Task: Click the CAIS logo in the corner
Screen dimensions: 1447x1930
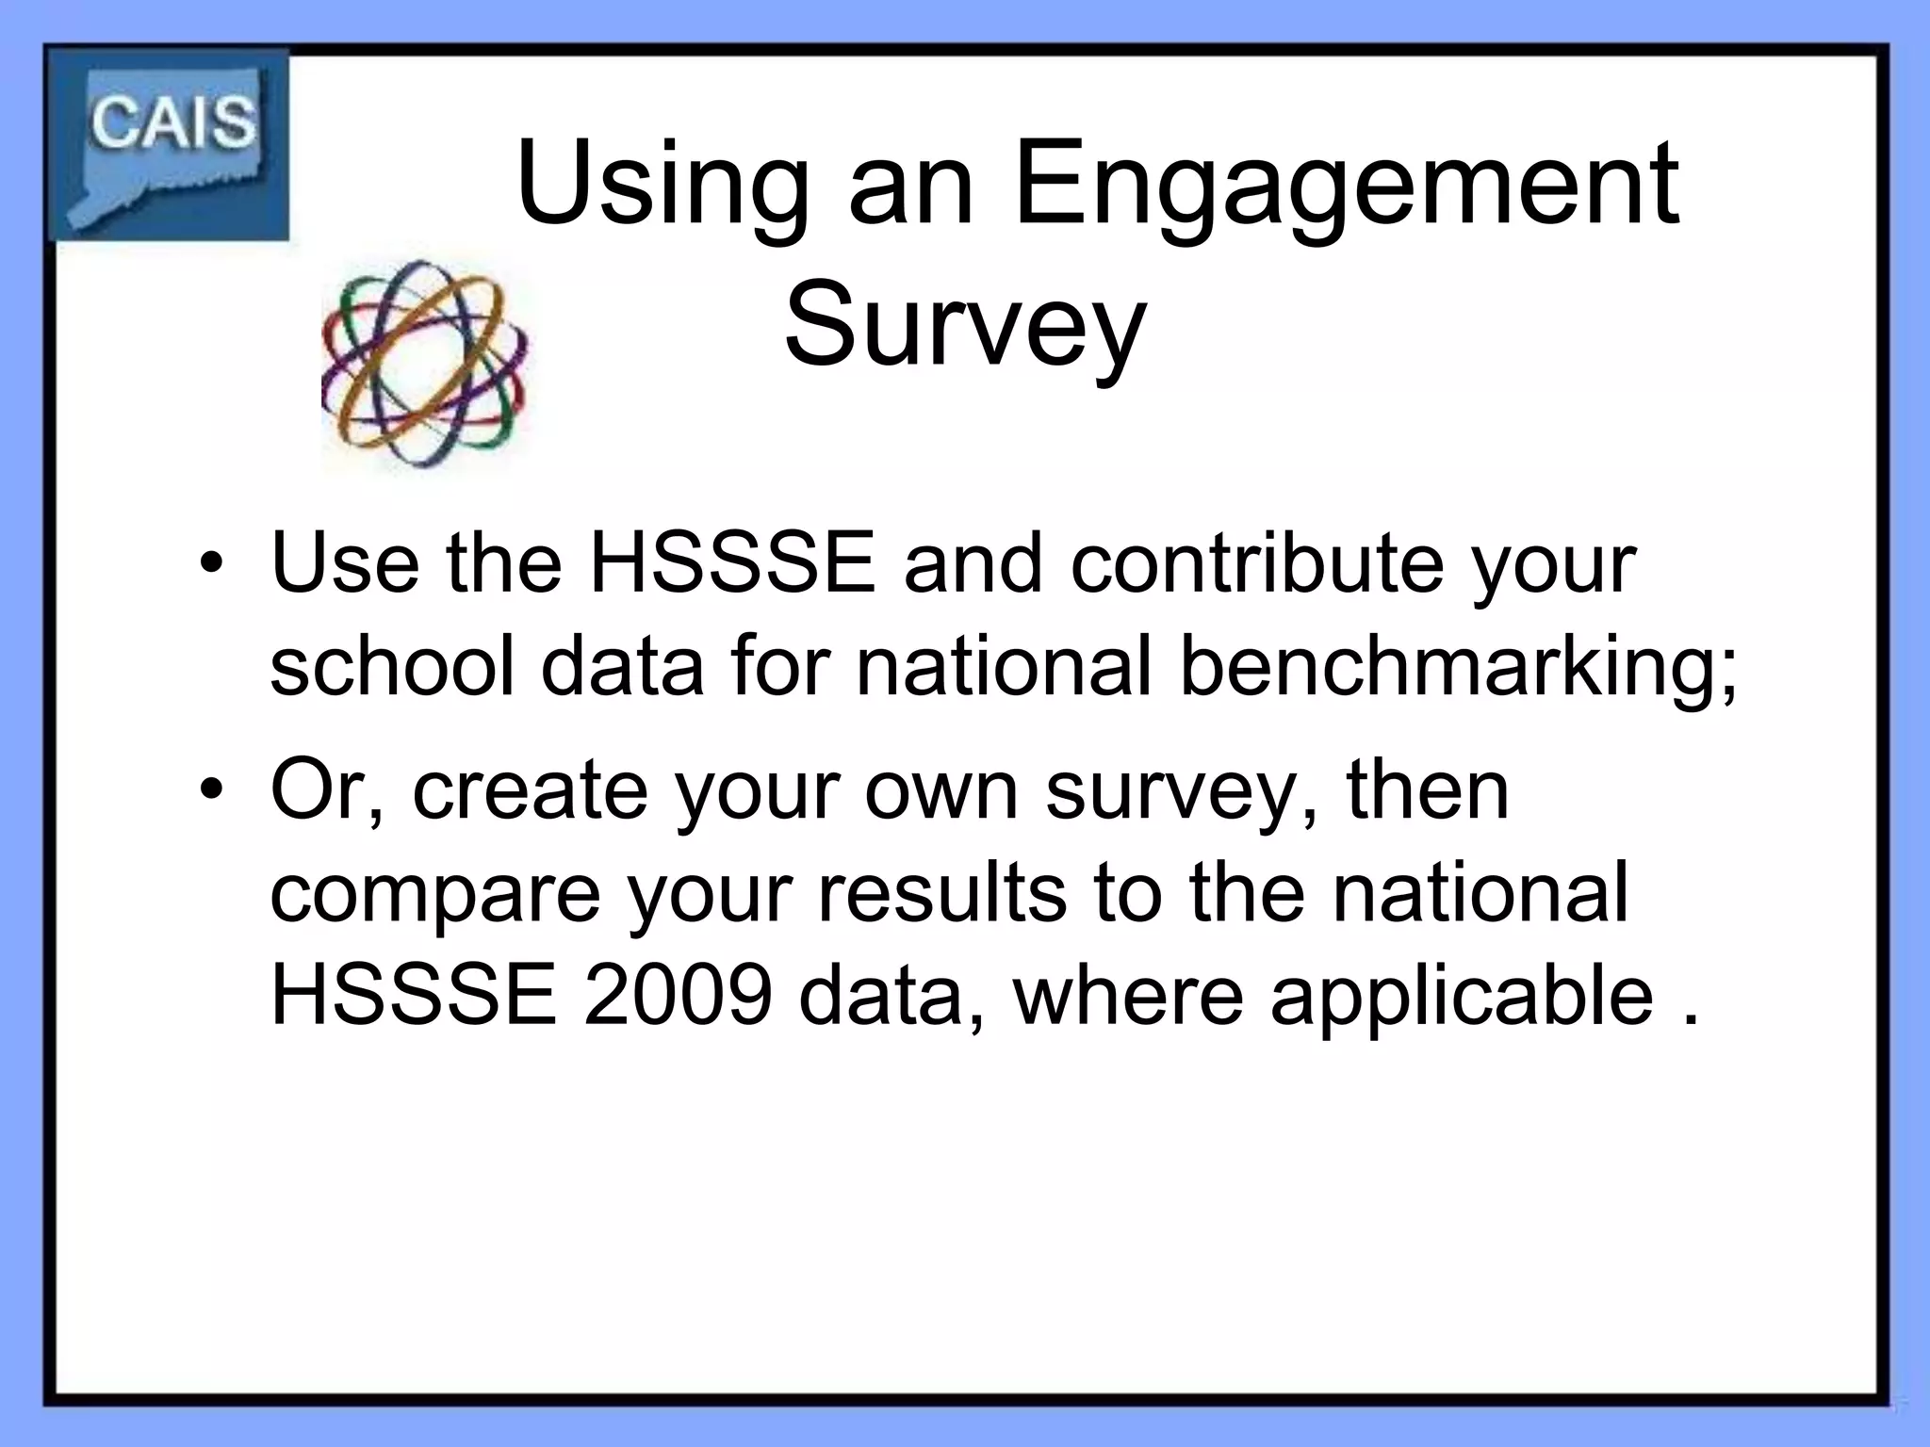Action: coord(170,144)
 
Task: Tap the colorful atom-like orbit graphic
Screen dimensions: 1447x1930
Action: coord(425,364)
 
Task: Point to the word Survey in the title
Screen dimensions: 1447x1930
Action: coord(964,326)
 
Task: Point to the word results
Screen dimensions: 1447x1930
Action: coord(941,892)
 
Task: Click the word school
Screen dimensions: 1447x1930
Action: coord(392,667)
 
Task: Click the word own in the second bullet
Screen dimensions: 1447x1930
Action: coord(941,791)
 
